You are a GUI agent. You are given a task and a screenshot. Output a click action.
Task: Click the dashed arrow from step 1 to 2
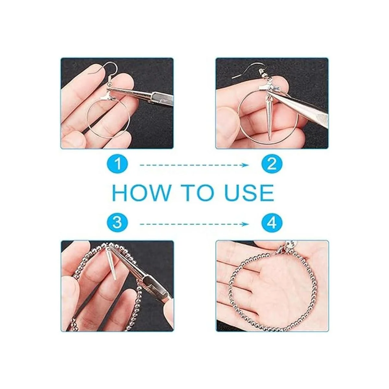[x=194, y=165]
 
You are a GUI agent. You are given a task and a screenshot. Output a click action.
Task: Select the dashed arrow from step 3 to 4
[x=194, y=224]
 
